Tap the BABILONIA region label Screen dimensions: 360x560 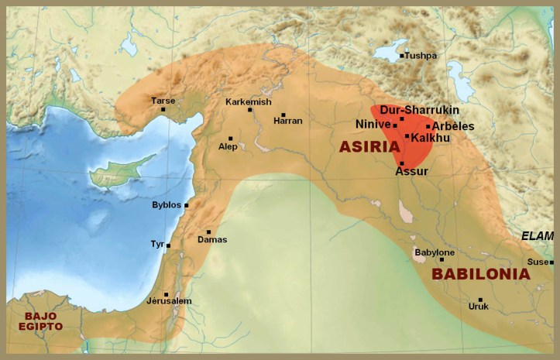[x=480, y=273]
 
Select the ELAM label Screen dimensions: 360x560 [x=537, y=236]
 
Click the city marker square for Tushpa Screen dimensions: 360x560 [x=402, y=56]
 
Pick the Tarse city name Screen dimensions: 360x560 [x=163, y=101]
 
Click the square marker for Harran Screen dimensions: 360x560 [x=283, y=115]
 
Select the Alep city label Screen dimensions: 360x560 [x=228, y=146]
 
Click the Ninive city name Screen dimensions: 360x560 [x=373, y=124]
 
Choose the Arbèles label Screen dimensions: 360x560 [x=453, y=126]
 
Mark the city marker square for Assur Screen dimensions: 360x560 [x=401, y=163]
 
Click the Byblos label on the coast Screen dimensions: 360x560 [x=166, y=204]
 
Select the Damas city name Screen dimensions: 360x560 [x=212, y=239]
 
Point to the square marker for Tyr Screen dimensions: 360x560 [x=168, y=245]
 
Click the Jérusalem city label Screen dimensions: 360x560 [x=169, y=300]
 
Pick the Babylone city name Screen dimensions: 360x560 [x=435, y=252]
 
